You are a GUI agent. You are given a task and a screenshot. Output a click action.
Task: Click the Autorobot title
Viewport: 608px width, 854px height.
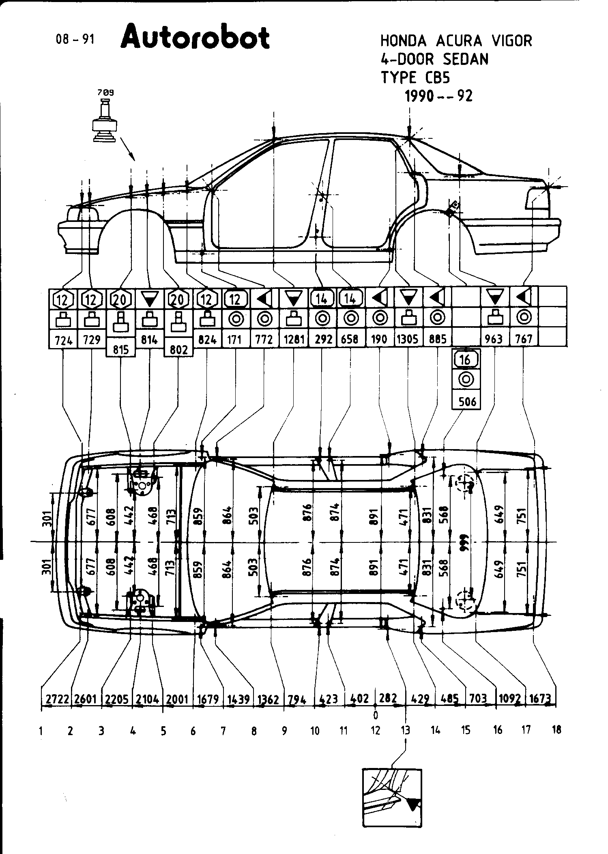[195, 37]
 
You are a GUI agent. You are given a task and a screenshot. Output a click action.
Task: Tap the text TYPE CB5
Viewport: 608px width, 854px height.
[415, 77]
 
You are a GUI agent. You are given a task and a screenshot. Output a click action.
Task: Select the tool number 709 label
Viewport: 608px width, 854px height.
[105, 93]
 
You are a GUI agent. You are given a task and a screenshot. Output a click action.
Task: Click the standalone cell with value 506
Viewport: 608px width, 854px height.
[467, 402]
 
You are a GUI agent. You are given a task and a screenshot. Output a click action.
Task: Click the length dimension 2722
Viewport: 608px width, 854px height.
[56, 699]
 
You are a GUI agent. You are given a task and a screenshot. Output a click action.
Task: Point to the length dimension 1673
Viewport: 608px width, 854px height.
[541, 699]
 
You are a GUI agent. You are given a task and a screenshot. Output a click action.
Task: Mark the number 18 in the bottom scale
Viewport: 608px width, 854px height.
[556, 730]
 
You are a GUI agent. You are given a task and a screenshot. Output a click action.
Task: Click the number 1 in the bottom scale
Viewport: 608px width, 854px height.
[41, 731]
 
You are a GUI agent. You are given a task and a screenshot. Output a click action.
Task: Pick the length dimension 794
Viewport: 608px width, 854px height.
[298, 699]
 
